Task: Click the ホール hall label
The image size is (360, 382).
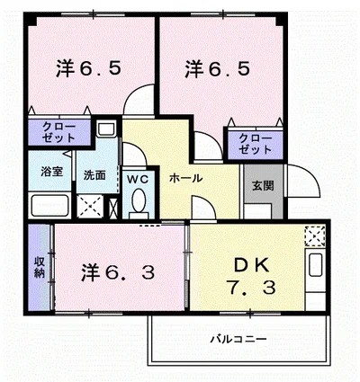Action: click(x=185, y=178)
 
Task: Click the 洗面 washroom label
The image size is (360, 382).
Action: click(x=94, y=173)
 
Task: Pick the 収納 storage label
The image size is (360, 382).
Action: click(x=40, y=267)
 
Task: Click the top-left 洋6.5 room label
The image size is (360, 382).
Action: click(x=87, y=68)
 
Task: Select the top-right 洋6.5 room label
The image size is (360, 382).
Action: click(x=219, y=68)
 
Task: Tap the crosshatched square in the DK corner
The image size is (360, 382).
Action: click(x=313, y=237)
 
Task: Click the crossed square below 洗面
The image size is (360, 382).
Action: click(x=92, y=205)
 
